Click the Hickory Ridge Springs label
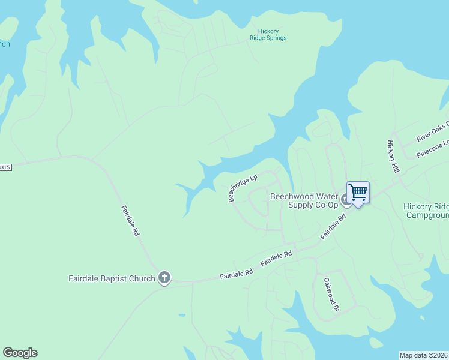click(x=268, y=34)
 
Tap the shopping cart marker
click(x=358, y=193)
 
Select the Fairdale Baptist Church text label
click(x=112, y=278)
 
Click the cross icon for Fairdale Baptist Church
click(x=164, y=278)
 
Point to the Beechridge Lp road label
click(x=243, y=188)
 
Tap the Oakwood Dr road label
click(x=331, y=294)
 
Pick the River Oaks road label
click(x=432, y=132)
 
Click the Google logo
click(x=20, y=353)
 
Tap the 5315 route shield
click(x=5, y=167)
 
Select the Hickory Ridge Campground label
click(x=426, y=211)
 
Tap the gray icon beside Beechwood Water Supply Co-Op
click(x=345, y=199)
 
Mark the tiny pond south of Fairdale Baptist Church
click(x=181, y=314)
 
